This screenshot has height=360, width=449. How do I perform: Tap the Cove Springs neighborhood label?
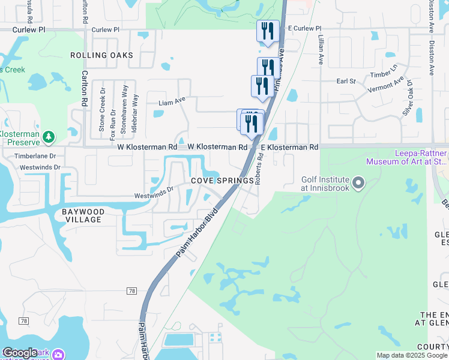click(222, 181)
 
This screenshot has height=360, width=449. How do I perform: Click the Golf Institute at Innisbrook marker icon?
click(359, 182)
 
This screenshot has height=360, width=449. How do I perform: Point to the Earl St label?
click(346, 81)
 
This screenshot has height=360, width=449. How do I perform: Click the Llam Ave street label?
click(172, 103)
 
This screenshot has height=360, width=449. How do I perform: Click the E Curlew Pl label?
click(304, 28)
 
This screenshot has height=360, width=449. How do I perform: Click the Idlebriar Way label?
click(136, 112)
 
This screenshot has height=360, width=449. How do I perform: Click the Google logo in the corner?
click(20, 353)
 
